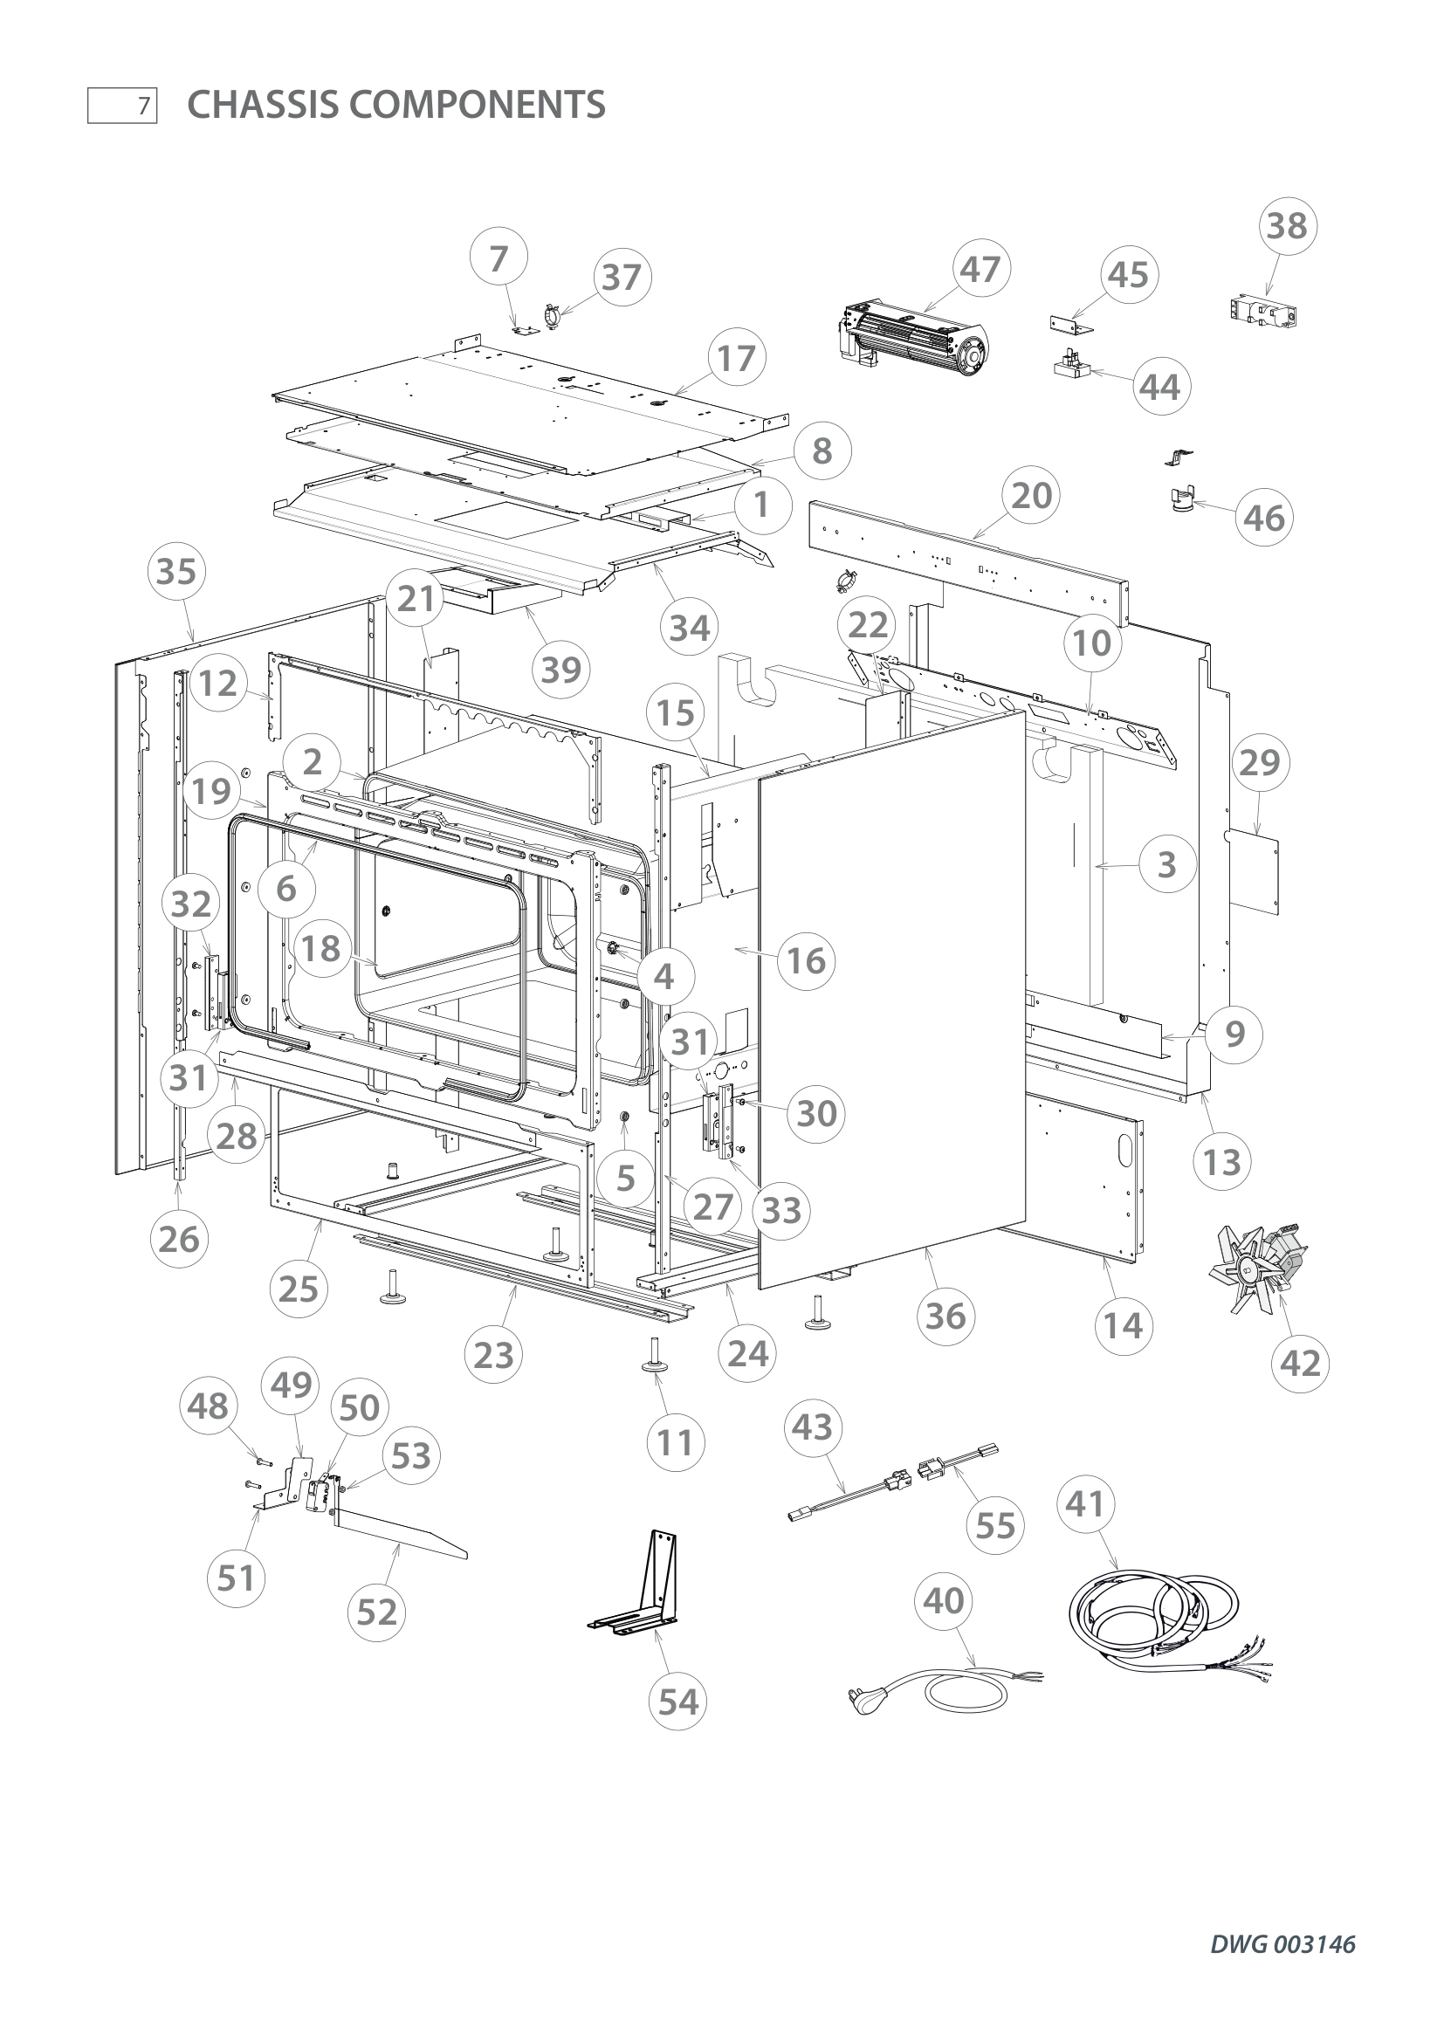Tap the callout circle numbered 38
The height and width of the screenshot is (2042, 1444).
coord(1287,226)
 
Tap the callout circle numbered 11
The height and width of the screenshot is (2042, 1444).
coord(675,1441)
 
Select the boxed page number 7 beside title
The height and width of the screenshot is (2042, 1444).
coord(123,106)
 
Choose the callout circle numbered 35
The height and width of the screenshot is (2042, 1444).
coord(176,571)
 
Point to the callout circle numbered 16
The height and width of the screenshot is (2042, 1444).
coord(807,960)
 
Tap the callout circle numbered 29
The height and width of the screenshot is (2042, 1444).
coord(1261,762)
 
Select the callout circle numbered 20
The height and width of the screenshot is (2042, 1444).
coord(1031,495)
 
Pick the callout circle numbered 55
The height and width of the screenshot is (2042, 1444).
coord(995,1525)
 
